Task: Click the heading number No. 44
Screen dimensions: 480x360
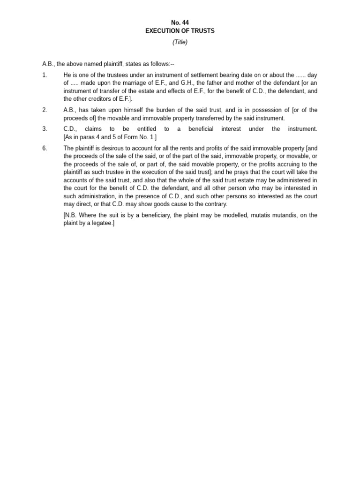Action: pyautogui.click(x=180, y=22)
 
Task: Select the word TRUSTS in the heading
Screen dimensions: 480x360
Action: pyautogui.click(x=203, y=31)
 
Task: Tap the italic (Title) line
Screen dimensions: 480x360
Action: pyautogui.click(x=180, y=42)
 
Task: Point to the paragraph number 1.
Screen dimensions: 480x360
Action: pyautogui.click(x=45, y=75)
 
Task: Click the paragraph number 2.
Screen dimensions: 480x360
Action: pyautogui.click(x=45, y=110)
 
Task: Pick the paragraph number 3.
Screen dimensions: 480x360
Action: pyautogui.click(x=45, y=129)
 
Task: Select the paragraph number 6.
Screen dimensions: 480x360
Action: pyautogui.click(x=45, y=148)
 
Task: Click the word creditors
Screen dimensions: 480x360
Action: pyautogui.click(x=97, y=99)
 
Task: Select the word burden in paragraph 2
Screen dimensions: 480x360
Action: pyautogui.click(x=155, y=110)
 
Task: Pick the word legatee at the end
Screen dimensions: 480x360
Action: pyautogui.click(x=102, y=223)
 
